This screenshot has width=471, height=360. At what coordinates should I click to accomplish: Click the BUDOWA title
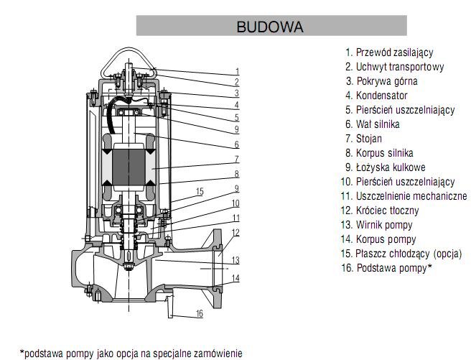click(270, 27)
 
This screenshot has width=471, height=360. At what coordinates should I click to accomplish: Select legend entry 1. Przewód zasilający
click(389, 52)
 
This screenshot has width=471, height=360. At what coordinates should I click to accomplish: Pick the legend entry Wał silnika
click(373, 124)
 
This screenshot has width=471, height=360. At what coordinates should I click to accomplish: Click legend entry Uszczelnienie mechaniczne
click(404, 196)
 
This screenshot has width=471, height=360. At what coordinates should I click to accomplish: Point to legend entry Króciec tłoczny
click(380, 211)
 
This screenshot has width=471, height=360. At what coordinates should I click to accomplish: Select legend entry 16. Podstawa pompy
click(386, 268)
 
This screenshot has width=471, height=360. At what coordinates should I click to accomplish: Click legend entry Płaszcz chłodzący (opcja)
click(401, 254)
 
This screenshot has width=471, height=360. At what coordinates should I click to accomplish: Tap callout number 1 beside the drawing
click(238, 72)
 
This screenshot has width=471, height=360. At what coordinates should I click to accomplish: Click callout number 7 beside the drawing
click(237, 159)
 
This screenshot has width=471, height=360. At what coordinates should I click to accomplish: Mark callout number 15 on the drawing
click(200, 191)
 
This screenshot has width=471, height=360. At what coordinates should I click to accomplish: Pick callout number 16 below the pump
click(200, 314)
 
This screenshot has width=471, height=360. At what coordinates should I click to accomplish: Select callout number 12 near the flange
click(235, 233)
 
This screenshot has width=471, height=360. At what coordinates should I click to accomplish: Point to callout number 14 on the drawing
click(235, 278)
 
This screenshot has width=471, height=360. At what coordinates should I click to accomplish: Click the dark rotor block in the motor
click(129, 167)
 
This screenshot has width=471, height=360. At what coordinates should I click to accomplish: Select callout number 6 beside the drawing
click(237, 144)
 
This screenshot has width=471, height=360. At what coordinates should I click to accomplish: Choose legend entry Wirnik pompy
click(377, 225)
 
